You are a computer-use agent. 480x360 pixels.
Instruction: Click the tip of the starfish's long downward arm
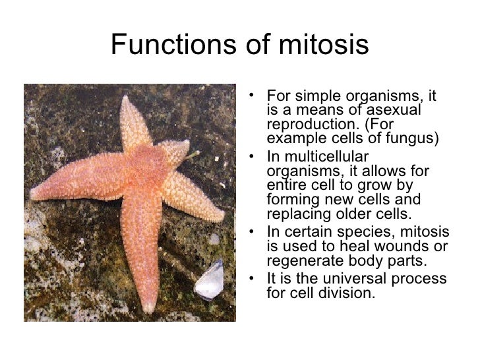tap(149, 307)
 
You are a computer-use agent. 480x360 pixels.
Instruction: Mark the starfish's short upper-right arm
tap(177, 151)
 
